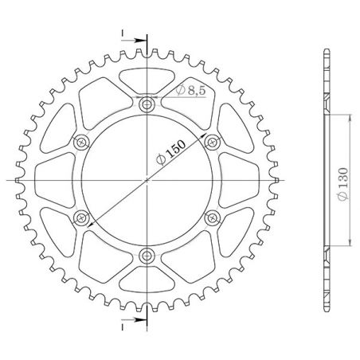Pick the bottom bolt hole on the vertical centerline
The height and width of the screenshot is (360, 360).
coord(146,255)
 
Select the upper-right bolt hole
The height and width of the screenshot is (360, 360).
coord(211,142)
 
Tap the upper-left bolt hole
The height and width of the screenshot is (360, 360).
coord(80,142)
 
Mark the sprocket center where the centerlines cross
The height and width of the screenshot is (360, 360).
coord(146,180)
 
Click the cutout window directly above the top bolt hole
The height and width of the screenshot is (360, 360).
coord(146,80)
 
